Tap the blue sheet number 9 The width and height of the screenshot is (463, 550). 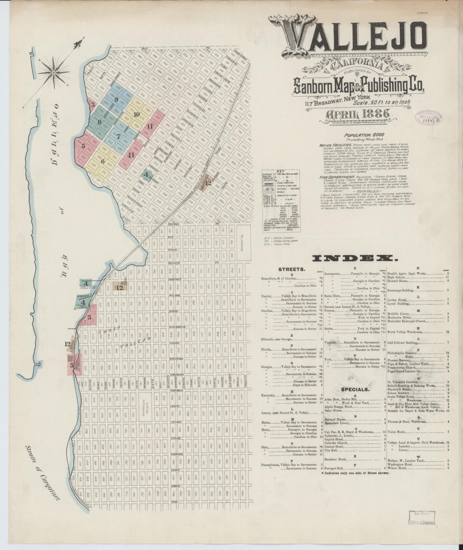point(116,99)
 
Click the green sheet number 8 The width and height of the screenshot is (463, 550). point(99,122)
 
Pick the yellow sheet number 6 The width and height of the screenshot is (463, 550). point(103,161)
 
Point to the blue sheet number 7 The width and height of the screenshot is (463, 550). point(118,136)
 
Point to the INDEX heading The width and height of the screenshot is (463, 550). point(355,259)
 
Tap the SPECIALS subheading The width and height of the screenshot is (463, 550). point(355,389)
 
